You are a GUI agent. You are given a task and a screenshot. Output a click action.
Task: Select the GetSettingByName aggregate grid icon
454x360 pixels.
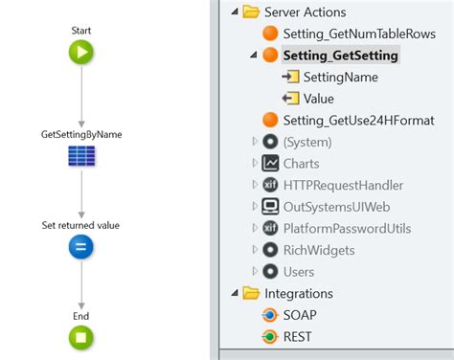(80, 155)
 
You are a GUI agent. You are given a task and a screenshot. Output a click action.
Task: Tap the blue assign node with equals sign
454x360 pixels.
(80, 247)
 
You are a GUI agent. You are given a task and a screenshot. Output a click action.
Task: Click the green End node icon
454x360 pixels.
(80, 337)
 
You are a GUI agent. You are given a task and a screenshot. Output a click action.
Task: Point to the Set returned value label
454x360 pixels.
(80, 225)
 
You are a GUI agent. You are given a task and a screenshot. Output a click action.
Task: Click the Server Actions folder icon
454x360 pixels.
(251, 11)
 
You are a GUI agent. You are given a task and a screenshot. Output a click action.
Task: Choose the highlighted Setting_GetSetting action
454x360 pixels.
(340, 56)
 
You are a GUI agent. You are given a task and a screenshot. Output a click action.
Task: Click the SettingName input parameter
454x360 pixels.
(340, 77)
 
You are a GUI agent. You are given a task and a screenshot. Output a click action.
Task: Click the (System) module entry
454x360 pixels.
(306, 142)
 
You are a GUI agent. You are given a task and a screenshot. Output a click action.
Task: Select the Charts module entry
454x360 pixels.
(303, 163)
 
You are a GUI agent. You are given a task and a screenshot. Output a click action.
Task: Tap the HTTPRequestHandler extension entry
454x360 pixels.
(342, 185)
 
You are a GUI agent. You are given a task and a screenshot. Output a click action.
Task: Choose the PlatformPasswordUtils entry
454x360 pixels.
(353, 228)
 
